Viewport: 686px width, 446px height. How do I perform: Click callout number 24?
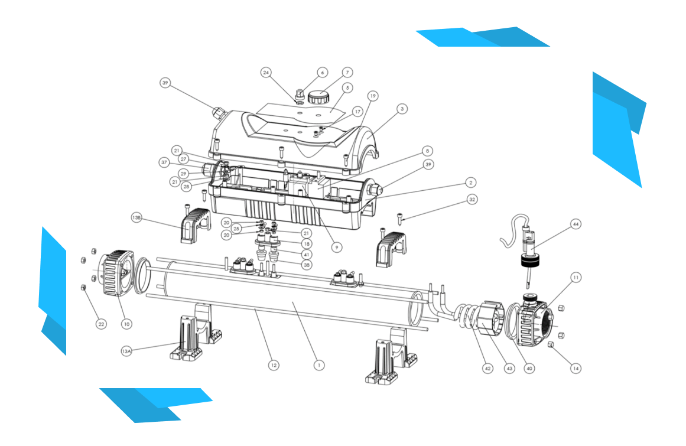click(x=266, y=73)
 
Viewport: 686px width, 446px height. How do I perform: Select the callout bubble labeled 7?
click(x=347, y=73)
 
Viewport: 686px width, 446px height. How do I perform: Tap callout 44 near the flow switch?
click(x=574, y=224)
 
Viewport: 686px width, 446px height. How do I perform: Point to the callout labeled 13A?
click(x=126, y=351)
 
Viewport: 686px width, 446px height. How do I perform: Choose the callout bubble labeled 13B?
click(x=136, y=217)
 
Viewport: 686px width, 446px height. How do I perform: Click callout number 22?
click(x=102, y=324)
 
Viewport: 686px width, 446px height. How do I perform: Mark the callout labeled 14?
click(x=576, y=368)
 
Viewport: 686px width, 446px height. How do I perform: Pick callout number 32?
click(x=472, y=200)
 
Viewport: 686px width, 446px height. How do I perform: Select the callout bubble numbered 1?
click(x=319, y=365)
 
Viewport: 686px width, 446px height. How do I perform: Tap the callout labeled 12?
click(x=273, y=365)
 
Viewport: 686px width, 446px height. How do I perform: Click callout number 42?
click(x=487, y=368)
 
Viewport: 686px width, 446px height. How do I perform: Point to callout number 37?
click(x=164, y=162)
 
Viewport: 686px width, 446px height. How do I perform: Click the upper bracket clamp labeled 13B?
click(x=195, y=225)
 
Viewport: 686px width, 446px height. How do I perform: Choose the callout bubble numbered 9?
click(x=336, y=248)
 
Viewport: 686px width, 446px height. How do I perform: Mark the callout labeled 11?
click(x=576, y=276)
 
